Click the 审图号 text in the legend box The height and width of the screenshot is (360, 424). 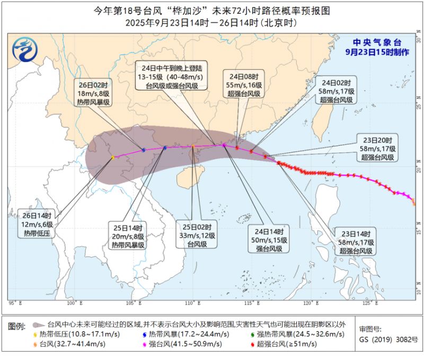click(369, 329)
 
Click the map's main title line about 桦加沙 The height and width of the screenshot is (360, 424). click(212, 11)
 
